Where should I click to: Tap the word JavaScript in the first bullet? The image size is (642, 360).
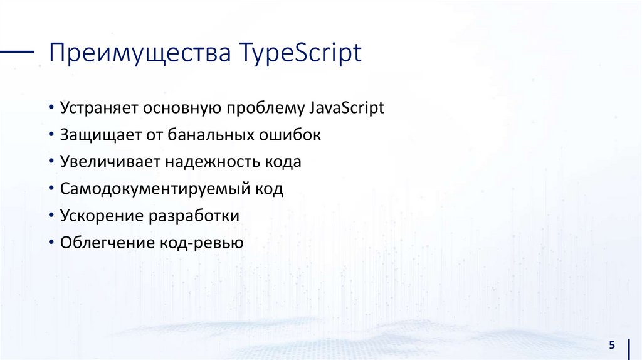(x=346, y=108)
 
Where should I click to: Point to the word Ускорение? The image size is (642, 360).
(x=100, y=216)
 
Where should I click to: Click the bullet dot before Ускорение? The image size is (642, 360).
(x=51, y=216)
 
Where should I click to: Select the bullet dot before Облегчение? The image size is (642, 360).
(x=51, y=243)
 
